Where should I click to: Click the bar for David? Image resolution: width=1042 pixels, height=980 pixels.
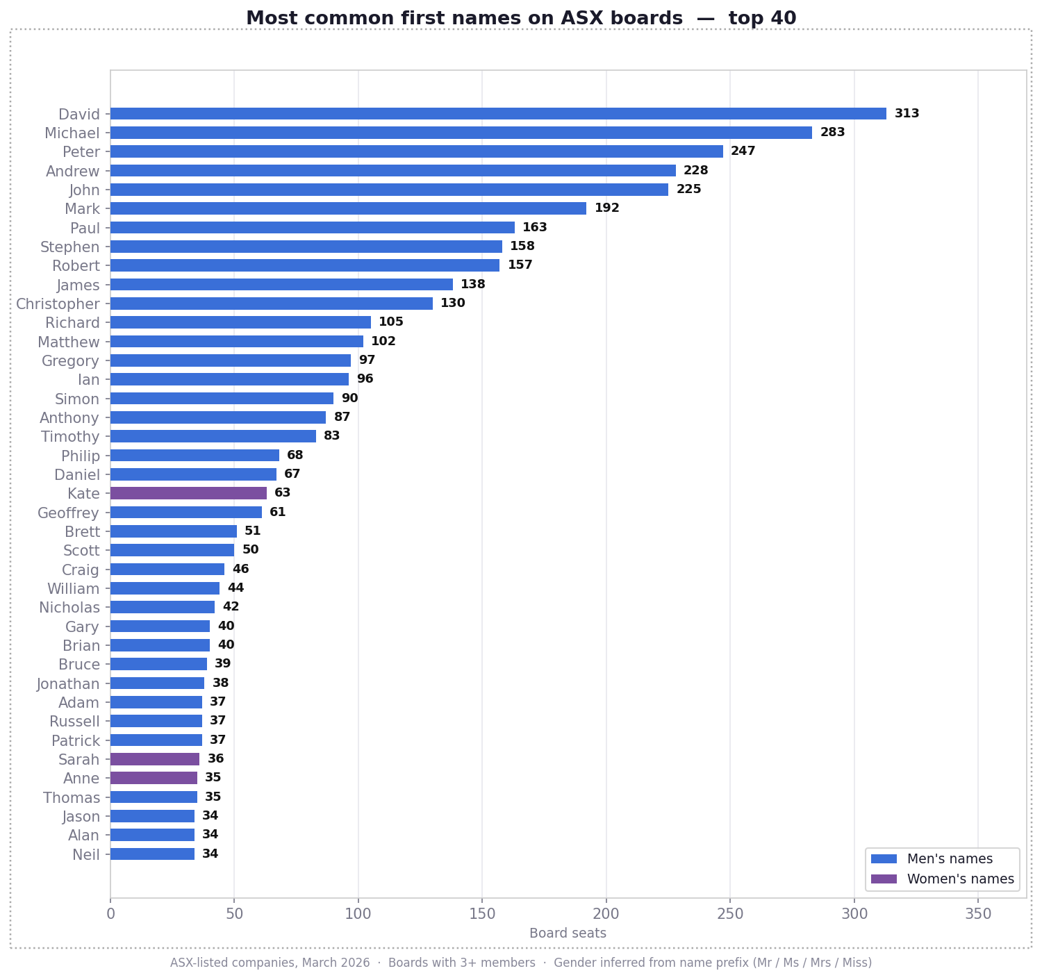[x=498, y=114]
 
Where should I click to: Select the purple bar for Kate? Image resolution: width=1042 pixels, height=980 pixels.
[x=188, y=493]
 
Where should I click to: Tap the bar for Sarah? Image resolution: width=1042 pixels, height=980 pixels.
[x=155, y=759]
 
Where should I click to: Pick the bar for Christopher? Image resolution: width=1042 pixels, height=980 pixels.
[x=272, y=304]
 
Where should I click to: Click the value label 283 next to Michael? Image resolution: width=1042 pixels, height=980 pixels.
[x=832, y=133]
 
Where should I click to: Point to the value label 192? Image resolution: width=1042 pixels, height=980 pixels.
[x=606, y=208]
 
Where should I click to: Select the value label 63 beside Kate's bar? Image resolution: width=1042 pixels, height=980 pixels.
[x=282, y=493]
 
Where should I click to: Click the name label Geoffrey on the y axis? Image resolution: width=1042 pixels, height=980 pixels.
[x=68, y=513]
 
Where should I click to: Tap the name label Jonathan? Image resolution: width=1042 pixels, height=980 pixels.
[x=68, y=684]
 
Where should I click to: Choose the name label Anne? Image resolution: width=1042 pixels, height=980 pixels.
[x=81, y=779]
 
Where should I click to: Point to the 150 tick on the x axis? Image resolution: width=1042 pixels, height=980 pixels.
[x=482, y=912]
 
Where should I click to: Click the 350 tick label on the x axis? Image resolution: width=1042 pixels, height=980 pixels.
[x=977, y=912]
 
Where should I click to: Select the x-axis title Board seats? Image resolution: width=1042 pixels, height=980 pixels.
[x=568, y=933]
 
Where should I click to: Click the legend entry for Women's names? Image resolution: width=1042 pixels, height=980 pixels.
[x=960, y=879]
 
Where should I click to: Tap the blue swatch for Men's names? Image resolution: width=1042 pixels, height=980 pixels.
[x=884, y=859]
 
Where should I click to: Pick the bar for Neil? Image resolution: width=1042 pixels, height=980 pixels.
[x=152, y=854]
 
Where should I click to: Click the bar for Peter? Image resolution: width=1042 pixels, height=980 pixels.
[x=417, y=151]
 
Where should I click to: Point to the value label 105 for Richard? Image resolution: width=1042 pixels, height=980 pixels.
[x=390, y=322]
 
